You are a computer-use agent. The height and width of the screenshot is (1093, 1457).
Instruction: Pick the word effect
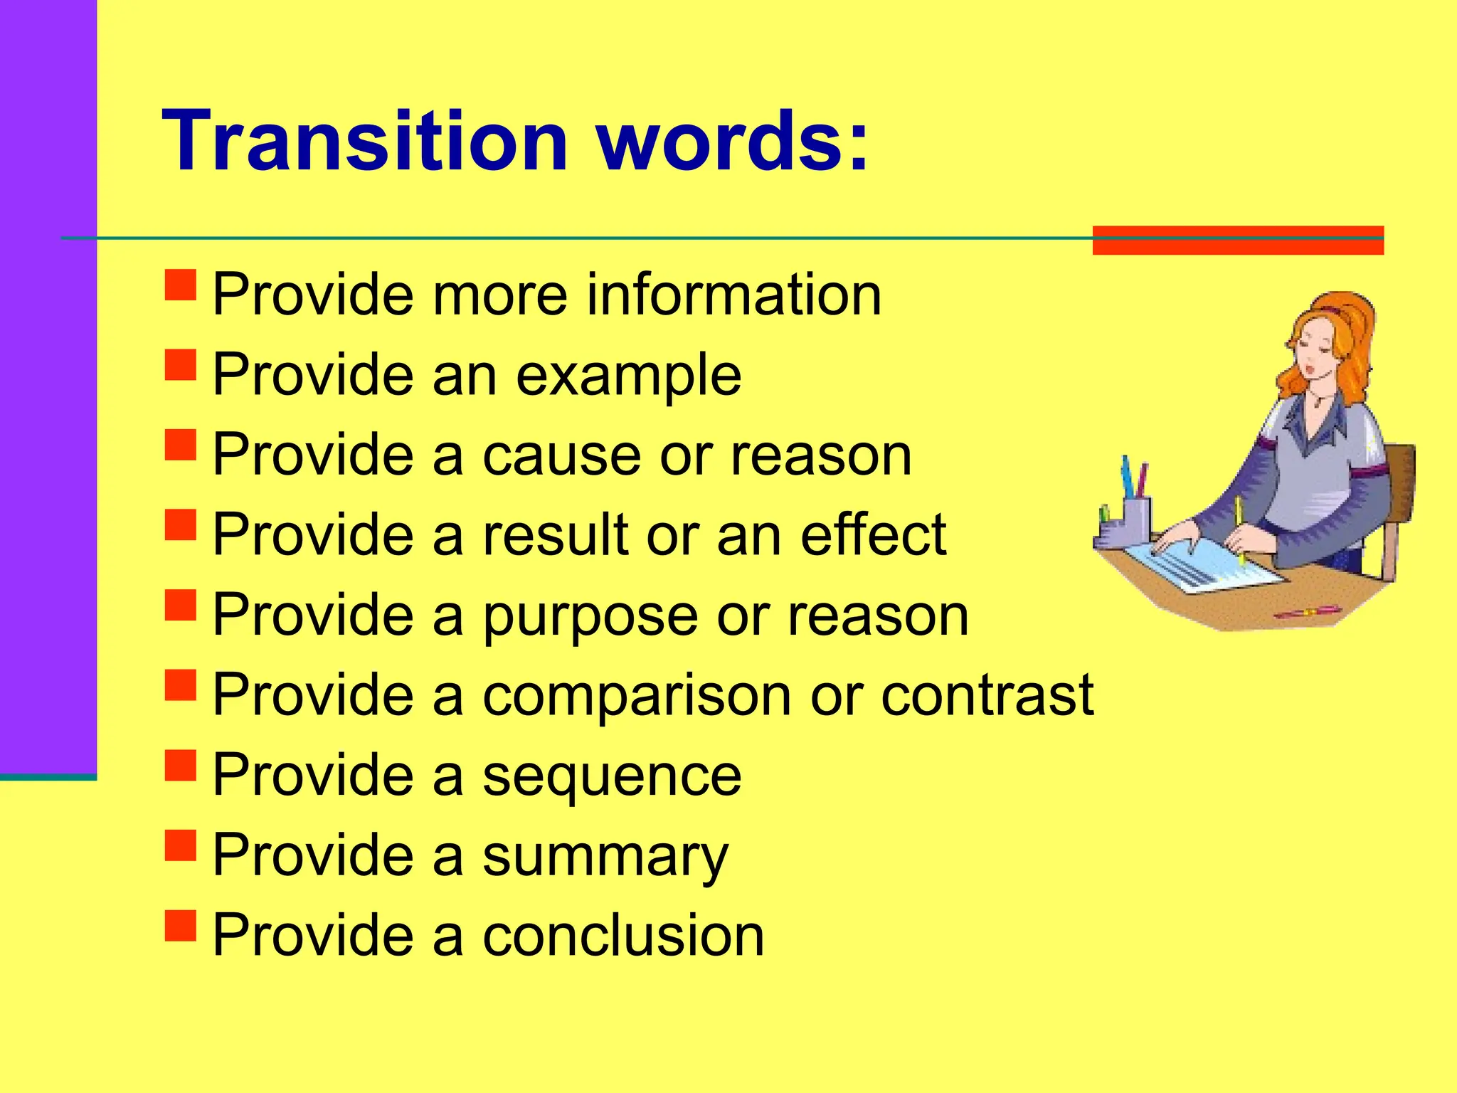click(x=873, y=535)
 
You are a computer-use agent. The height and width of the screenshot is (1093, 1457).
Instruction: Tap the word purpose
click(x=590, y=616)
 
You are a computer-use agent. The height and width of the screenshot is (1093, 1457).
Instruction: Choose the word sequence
click(x=612, y=776)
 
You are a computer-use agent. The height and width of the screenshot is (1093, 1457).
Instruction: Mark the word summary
click(x=605, y=856)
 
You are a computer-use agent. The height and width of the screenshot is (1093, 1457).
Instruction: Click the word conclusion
click(x=623, y=935)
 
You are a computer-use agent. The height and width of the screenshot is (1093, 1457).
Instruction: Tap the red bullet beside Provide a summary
click(x=180, y=846)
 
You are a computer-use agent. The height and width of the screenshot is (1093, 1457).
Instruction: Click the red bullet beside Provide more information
click(x=180, y=285)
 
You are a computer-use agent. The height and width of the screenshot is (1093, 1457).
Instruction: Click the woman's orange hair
click(x=1345, y=334)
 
